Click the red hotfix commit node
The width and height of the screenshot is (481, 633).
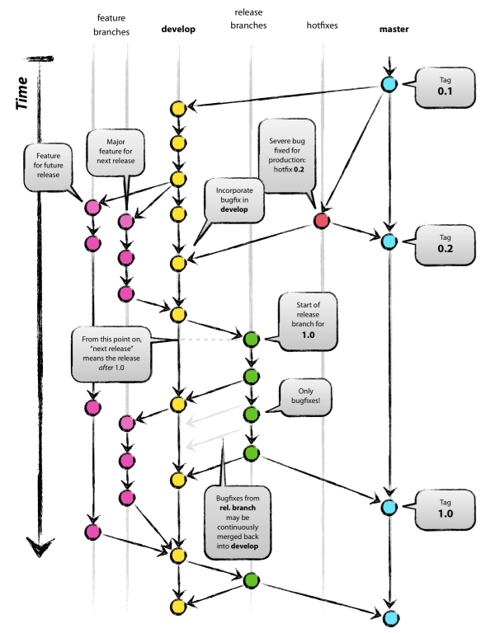click(x=323, y=221)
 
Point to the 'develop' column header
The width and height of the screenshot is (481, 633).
click(x=177, y=30)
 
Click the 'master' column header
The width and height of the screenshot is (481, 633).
click(x=394, y=30)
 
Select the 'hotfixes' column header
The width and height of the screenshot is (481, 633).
click(x=322, y=30)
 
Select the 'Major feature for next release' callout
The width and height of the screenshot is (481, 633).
click(x=116, y=151)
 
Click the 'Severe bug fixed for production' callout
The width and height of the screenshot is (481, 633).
click(x=289, y=152)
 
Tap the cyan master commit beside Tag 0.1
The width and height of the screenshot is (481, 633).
click(x=389, y=84)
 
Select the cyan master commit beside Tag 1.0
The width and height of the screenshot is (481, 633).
click(x=389, y=505)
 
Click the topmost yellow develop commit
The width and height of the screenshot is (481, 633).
click(x=177, y=109)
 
